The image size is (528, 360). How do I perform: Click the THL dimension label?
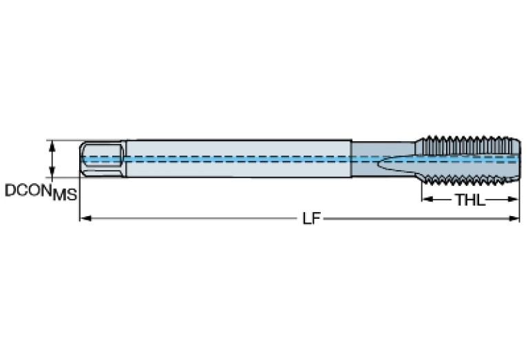click(469, 200)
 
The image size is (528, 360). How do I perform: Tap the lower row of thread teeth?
click(468, 181)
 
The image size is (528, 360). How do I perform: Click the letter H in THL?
click(469, 200)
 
